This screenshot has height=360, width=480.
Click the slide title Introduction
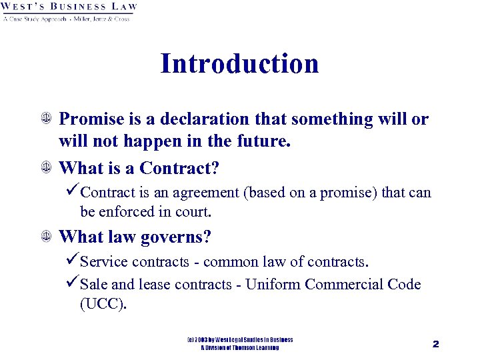(239, 64)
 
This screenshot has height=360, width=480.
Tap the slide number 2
(435, 344)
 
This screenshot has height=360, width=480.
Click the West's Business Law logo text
(69, 7)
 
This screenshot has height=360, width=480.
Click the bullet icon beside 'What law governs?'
(46, 237)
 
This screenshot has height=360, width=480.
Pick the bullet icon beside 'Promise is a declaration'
(46, 120)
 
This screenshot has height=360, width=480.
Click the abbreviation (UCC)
(103, 304)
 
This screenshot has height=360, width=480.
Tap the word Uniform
(273, 285)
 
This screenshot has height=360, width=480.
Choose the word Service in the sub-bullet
(103, 261)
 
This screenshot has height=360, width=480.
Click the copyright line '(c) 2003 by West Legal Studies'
(240, 340)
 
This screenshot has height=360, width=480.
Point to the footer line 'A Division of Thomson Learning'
(240, 348)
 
